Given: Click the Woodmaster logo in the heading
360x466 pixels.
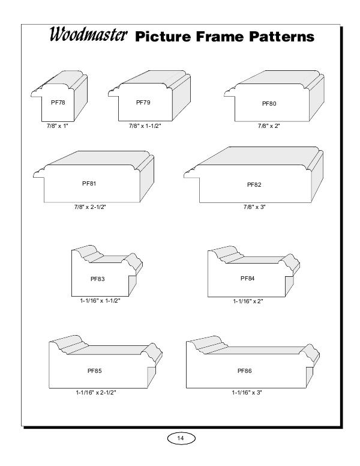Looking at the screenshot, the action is coord(88,34).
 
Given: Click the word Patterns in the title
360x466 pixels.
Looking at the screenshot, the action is coord(281,37).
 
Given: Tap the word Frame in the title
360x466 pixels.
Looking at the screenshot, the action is coord(220,37).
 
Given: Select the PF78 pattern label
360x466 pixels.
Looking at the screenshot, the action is coord(58,103).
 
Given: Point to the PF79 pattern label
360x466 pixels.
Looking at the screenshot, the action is coord(143,103).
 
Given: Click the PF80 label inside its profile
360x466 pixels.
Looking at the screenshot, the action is coord(269,104).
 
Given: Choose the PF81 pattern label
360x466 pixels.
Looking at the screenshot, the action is coord(89,184).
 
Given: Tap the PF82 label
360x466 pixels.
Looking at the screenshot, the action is coord(254,185).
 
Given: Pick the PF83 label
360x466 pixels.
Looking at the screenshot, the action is coord(98,279).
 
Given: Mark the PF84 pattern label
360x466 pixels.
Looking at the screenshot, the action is coord(248,279).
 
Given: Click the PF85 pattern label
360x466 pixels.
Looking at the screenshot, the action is coord(95,371).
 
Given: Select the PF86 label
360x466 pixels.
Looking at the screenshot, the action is coord(245,371).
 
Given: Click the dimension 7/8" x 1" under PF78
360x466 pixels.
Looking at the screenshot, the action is coord(58,126).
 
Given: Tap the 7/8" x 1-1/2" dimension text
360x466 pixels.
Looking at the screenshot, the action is coord(145,126).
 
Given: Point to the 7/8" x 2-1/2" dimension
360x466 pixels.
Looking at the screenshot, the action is coord(90,207).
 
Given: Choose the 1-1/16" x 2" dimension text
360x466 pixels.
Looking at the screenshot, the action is coord(248,301).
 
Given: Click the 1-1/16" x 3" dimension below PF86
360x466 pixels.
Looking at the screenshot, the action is coord(247,393).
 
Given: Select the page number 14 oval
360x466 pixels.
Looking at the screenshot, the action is coord(181,438).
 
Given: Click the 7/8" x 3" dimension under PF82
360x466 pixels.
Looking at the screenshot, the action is coord(254,207).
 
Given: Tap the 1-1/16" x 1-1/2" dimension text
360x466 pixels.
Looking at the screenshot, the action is coord(100,301).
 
